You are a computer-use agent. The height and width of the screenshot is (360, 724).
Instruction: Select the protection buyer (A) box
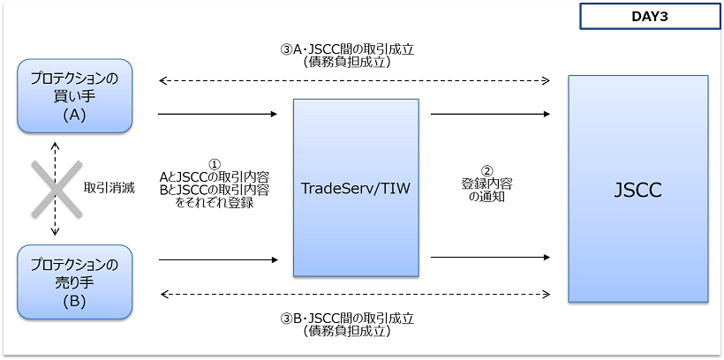point(74,93)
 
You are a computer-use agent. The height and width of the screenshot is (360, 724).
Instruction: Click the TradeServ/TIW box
point(356,187)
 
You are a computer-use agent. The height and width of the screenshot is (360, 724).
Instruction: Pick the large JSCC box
point(637,189)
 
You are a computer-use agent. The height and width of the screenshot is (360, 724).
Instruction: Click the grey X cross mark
point(57,188)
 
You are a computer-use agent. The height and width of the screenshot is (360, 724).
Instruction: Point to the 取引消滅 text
point(109,188)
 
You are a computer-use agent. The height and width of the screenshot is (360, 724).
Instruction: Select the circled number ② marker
point(486,171)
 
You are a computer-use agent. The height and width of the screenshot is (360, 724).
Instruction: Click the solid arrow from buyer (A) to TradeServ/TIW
point(216,114)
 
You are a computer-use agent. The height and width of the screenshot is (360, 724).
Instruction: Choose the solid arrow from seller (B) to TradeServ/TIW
point(216,260)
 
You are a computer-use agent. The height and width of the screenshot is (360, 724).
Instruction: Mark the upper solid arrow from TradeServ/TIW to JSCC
point(491,114)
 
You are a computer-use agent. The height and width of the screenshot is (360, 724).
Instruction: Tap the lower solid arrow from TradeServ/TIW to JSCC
point(491,258)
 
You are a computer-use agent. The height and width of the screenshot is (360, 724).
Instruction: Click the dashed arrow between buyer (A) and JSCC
point(353,81)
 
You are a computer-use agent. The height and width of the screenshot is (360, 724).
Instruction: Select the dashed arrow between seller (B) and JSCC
point(353,294)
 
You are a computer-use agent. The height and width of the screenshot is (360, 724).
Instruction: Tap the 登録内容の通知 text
point(486,191)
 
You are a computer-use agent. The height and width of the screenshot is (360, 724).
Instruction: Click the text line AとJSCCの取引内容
point(215,177)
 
